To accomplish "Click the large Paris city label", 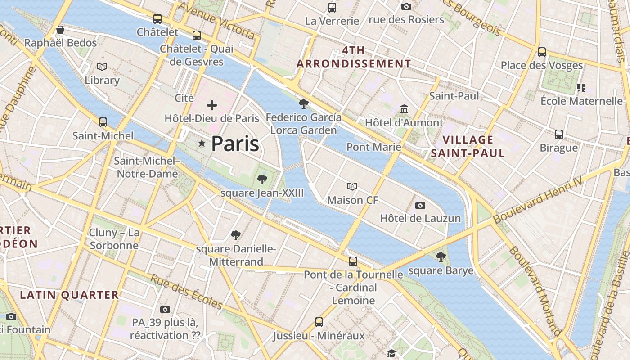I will pyautogui.click(x=235, y=144).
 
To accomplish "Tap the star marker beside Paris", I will pyautogui.click(x=202, y=144).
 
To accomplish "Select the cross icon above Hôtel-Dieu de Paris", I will pyautogui.click(x=211, y=105).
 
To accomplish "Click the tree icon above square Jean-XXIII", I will pyautogui.click(x=262, y=180).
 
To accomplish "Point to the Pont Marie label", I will pyautogui.click(x=373, y=147).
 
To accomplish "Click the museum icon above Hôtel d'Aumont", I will pyautogui.click(x=404, y=109).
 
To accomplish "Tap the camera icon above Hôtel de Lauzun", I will pyautogui.click(x=420, y=205).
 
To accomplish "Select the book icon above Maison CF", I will pyautogui.click(x=352, y=186).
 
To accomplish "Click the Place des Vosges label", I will pyautogui.click(x=542, y=66).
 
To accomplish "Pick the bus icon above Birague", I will pyautogui.click(x=558, y=134).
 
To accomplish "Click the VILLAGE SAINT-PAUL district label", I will pyautogui.click(x=468, y=147).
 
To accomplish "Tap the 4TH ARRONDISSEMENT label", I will pyautogui.click(x=354, y=57).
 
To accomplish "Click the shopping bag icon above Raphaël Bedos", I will pyautogui.click(x=60, y=30).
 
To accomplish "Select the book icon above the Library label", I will pyautogui.click(x=102, y=67).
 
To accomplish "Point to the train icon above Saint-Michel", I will pyautogui.click(x=103, y=122).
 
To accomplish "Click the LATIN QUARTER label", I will pyautogui.click(x=69, y=295).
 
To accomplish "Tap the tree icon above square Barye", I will pyautogui.click(x=441, y=257).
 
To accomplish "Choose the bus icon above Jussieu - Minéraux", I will pyautogui.click(x=319, y=322).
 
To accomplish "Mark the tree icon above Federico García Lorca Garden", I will pyautogui.click(x=304, y=104).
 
